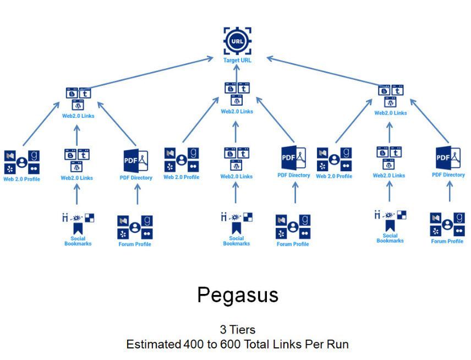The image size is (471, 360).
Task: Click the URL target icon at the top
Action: point(237,40)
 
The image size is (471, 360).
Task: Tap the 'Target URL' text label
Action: point(237,60)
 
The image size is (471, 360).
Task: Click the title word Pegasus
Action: point(238,296)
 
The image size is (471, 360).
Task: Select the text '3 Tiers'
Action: point(238,330)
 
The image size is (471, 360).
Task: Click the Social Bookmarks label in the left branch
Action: point(78,241)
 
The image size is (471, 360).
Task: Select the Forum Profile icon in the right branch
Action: point(447,225)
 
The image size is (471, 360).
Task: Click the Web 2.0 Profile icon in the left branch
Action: point(21,162)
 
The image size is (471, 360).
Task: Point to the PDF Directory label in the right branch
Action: point(448,175)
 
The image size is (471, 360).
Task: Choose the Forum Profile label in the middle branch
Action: point(293,244)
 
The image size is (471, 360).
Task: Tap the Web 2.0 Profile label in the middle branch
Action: point(181,177)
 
